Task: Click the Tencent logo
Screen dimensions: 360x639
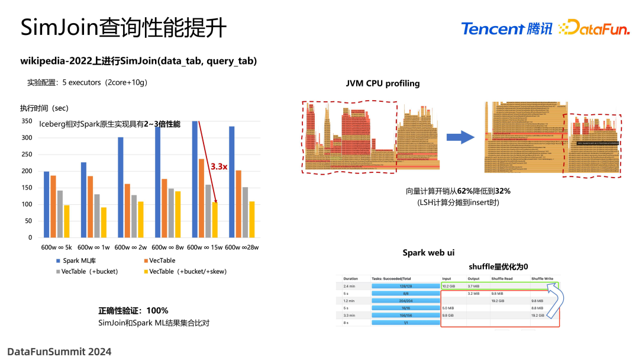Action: point(506,28)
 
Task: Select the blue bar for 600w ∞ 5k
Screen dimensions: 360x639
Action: point(47,204)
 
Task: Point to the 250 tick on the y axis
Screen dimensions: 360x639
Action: point(27,155)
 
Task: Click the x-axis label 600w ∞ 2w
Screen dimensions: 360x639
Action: point(130,247)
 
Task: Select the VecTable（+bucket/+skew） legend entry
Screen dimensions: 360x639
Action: point(183,271)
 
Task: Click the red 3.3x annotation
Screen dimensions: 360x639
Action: point(219,167)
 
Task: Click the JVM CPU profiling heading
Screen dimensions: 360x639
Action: point(383,83)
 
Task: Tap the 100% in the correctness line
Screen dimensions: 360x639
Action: point(157,311)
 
